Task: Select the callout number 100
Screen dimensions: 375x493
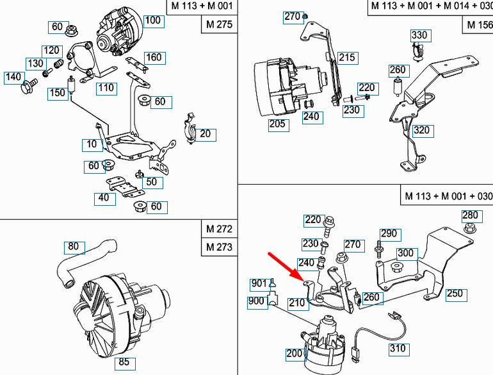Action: pyautogui.click(x=153, y=20)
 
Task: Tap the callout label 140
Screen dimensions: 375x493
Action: pyautogui.click(x=13, y=77)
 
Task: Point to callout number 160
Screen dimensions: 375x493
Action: pyautogui.click(x=154, y=58)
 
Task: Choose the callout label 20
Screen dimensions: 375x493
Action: pyautogui.click(x=205, y=135)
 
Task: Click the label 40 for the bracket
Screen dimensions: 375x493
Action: pyautogui.click(x=104, y=198)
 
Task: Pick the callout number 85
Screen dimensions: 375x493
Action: pyautogui.click(x=124, y=362)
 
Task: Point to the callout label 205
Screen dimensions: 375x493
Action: pyautogui.click(x=277, y=124)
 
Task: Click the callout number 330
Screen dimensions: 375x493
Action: pyautogui.click(x=419, y=35)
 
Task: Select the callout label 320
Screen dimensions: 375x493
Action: pyautogui.click(x=421, y=131)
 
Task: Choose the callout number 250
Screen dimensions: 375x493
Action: pyautogui.click(x=455, y=294)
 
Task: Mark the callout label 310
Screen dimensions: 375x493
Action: pyautogui.click(x=398, y=349)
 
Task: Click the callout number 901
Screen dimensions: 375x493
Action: pyautogui.click(x=259, y=284)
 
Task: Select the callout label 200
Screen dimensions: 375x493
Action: pyautogui.click(x=295, y=354)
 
